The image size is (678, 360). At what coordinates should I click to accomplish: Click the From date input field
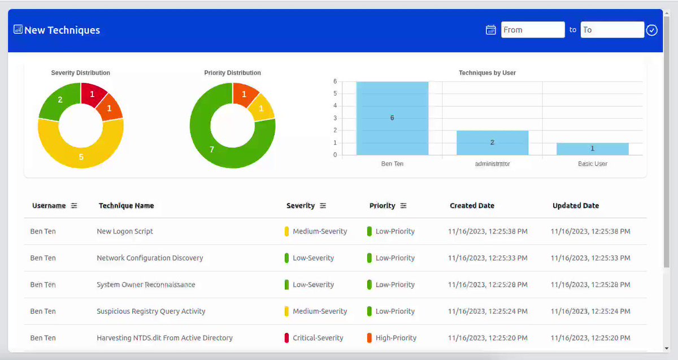[533, 30]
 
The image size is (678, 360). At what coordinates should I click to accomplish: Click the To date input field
[612, 30]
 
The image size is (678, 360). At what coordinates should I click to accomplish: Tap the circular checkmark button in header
[651, 30]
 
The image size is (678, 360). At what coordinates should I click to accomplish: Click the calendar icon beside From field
[490, 30]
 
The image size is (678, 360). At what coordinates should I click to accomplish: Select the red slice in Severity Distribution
[93, 94]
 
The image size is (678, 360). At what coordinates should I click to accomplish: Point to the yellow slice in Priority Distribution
[262, 108]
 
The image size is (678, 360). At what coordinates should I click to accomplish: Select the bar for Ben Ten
[392, 118]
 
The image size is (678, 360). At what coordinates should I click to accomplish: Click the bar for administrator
[493, 142]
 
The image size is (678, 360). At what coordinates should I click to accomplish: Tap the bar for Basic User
[593, 149]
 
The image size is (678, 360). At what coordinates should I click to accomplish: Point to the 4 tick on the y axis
[335, 106]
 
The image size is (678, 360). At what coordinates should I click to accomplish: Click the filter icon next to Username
[74, 206]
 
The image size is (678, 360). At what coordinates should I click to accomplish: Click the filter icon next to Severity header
[323, 206]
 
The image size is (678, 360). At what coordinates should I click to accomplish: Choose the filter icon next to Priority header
[403, 206]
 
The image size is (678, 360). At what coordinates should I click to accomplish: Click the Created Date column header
[472, 206]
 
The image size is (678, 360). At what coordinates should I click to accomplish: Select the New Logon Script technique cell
[125, 231]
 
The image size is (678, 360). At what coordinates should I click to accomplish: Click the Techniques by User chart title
[487, 73]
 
